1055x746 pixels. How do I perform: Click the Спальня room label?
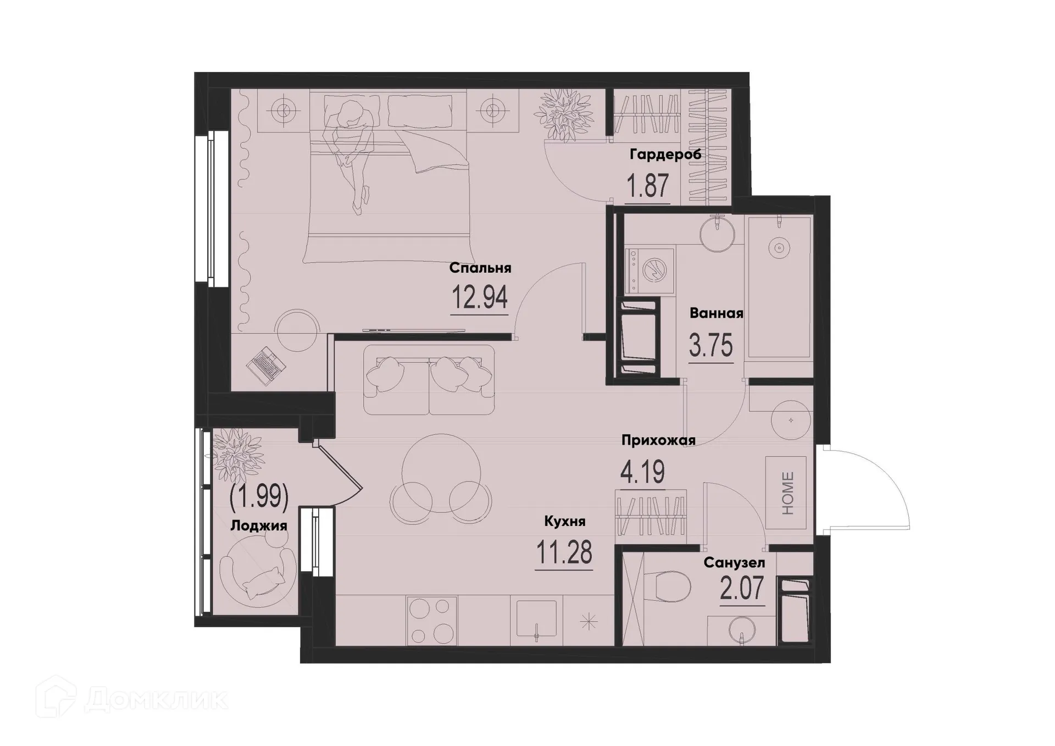[x=480, y=268]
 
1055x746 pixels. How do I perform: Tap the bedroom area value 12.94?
[x=479, y=298]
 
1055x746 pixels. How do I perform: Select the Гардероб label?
[x=665, y=154]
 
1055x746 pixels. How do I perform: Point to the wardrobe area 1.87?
[x=648, y=186]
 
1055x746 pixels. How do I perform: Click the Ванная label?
[x=716, y=313]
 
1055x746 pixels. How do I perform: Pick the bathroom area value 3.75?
[x=711, y=346]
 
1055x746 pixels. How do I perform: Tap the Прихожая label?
[x=658, y=440]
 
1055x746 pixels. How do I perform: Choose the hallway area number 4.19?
[x=642, y=472]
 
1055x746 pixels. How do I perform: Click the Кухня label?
[x=564, y=521]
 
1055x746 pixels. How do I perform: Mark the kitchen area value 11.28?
[x=564, y=553]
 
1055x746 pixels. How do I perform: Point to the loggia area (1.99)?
[x=259, y=496]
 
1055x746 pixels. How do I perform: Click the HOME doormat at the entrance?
[x=786, y=493]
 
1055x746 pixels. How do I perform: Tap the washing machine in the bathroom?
[x=649, y=270]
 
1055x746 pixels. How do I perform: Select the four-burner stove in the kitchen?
[x=431, y=621]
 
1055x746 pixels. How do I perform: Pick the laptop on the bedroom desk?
[x=266, y=365]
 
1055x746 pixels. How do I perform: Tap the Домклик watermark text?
[x=156, y=700]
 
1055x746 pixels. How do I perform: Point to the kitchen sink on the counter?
[x=536, y=618]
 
